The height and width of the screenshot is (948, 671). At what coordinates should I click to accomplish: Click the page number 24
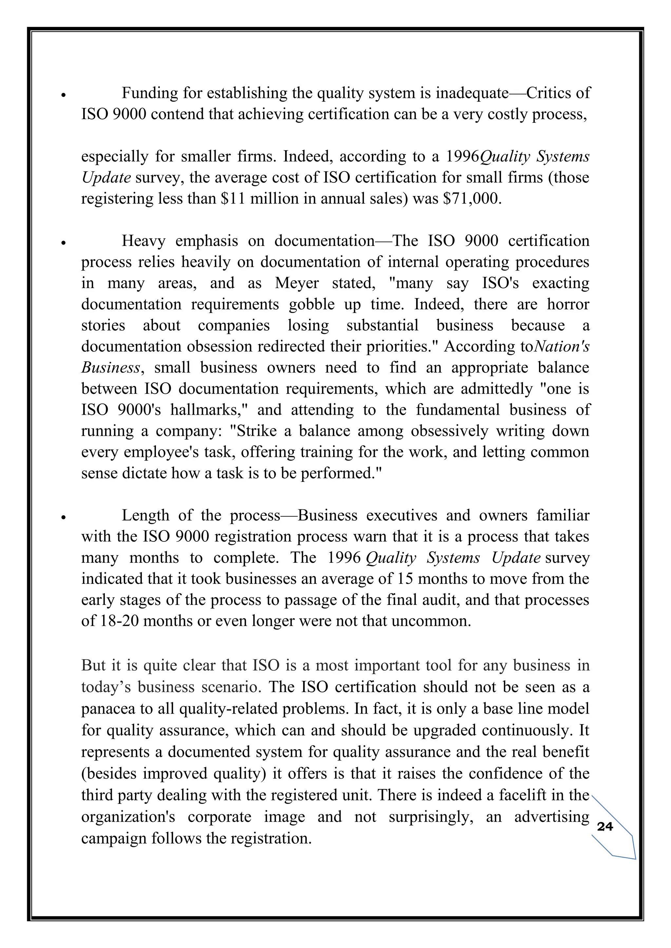tap(605, 826)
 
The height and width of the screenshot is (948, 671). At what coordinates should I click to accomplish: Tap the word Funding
tap(150, 93)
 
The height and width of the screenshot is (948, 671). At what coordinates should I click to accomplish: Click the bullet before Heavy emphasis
tap(63, 243)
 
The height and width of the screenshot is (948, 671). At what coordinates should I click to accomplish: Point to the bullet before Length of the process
tap(63, 517)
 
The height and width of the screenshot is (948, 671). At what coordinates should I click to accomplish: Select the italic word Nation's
tap(562, 346)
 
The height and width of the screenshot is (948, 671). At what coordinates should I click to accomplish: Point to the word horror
tap(568, 304)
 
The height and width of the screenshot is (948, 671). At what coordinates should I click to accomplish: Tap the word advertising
tap(552, 816)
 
